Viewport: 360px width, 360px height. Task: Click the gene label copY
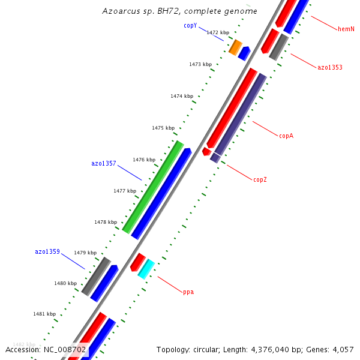coord(190,26)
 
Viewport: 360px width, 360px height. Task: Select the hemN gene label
coord(346,29)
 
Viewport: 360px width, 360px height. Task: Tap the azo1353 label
coord(330,67)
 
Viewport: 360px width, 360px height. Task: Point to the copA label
coord(286,136)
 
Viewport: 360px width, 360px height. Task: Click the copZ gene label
coord(260,179)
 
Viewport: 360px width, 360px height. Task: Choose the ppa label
coord(188,292)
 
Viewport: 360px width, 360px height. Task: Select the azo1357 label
coord(104,163)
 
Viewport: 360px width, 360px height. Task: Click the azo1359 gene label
coord(47,251)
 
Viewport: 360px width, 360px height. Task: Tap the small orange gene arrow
coord(235,47)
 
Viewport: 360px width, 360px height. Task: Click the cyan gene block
coord(146,268)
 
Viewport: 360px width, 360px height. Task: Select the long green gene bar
coord(153,187)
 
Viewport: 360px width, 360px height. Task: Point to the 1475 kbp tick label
coord(163,128)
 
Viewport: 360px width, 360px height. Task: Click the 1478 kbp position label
coord(106,222)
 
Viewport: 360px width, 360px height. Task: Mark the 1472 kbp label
coord(218,32)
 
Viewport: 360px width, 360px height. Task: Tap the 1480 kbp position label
coord(65,283)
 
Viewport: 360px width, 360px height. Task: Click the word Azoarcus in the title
coord(122,11)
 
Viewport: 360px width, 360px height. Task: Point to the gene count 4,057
coord(342,349)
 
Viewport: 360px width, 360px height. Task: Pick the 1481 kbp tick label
coord(44,314)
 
